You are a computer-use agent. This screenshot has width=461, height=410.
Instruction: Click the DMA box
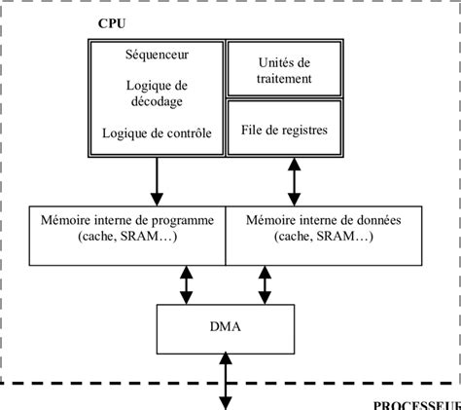point(225,328)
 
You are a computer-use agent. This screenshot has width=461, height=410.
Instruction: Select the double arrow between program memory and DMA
point(186,284)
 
